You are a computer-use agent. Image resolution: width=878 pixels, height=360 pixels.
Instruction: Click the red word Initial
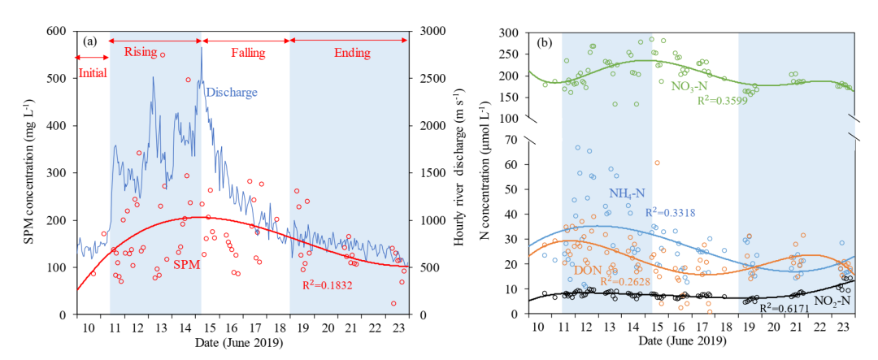[x=92, y=72]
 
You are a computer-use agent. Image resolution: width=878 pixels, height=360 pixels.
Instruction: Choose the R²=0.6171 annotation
[x=785, y=309]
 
